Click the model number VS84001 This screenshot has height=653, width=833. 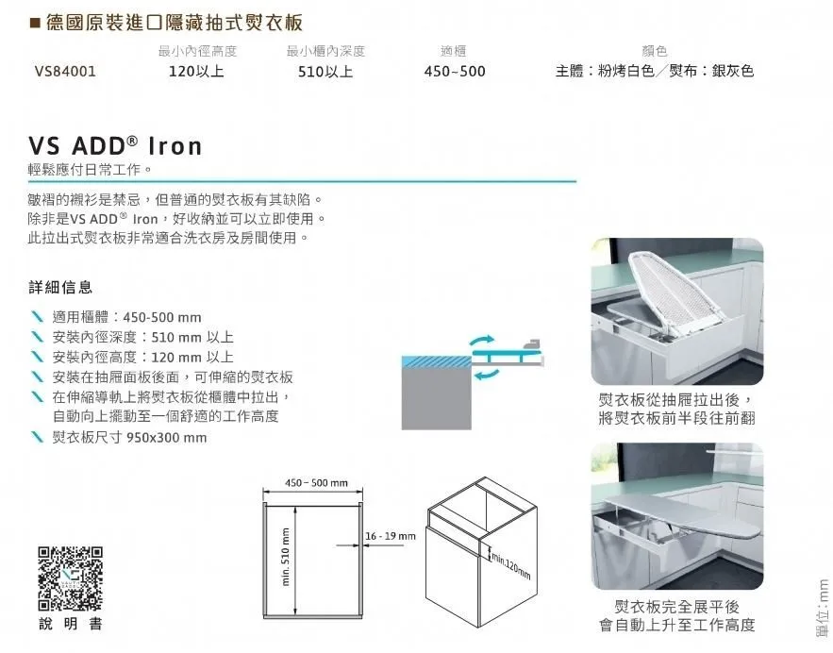tap(65, 71)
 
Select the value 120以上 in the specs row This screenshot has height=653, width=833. tap(196, 71)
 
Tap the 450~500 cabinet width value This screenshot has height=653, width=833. tap(455, 71)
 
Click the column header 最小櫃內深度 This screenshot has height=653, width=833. tap(325, 51)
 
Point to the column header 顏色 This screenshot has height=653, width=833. tap(655, 51)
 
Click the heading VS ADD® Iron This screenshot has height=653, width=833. tap(115, 146)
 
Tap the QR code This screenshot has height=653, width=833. tap(70, 578)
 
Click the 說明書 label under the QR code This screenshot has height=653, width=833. tap(70, 624)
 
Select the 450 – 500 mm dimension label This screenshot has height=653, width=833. tap(317, 483)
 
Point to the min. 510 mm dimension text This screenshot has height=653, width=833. tap(286, 558)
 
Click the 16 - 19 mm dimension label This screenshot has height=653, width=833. tap(391, 536)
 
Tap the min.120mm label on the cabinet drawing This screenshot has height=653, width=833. tap(511, 566)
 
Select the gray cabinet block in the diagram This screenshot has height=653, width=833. tap(436, 398)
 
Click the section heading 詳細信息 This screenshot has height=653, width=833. tap(60, 288)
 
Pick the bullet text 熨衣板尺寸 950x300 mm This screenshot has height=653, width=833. tap(129, 438)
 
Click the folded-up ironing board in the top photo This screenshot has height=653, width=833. tap(670, 293)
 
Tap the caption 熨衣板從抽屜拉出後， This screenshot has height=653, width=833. tap(675, 399)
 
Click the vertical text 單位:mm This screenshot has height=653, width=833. tap(823, 608)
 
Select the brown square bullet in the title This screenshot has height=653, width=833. tap(36, 24)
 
